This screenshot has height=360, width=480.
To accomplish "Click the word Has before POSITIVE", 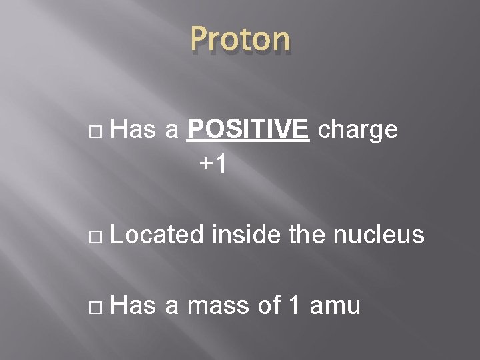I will coord(134,131).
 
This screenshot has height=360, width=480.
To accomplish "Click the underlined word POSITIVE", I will coord(249,131).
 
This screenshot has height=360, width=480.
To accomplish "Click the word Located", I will coord(158,235).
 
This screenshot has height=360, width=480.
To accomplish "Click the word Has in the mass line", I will coord(134,306).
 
